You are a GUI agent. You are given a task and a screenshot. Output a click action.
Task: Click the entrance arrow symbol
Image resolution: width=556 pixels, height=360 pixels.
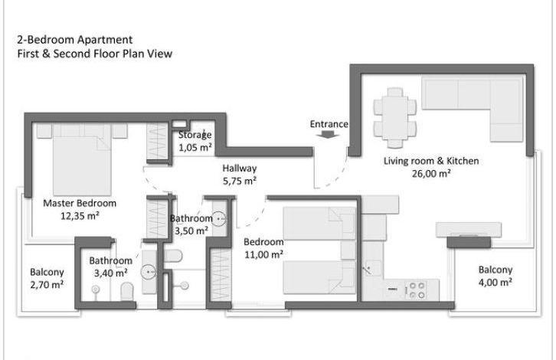[x=328, y=134]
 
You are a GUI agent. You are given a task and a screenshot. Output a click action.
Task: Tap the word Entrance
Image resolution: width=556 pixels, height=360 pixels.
[x=329, y=124]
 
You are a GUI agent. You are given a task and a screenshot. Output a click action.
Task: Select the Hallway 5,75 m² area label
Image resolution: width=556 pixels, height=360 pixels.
[x=240, y=175]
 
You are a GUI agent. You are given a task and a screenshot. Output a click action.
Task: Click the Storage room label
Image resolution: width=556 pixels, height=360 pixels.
[x=195, y=135]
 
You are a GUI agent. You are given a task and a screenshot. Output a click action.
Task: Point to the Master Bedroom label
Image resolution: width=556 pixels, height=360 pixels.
[x=80, y=203]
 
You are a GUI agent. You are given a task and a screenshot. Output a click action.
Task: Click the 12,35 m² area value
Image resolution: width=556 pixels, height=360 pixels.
[x=80, y=216]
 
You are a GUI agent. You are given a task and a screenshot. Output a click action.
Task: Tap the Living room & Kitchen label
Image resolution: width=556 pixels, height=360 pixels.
[x=431, y=161]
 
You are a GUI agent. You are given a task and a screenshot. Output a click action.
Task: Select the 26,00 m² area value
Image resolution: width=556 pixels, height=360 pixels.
[x=431, y=174]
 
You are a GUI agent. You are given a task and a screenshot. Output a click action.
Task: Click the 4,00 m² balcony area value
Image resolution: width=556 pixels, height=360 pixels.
[x=495, y=283]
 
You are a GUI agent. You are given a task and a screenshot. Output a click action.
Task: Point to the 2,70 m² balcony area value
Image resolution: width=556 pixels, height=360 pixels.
[x=47, y=284]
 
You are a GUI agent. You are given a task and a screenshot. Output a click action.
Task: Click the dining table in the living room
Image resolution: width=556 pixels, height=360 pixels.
[x=394, y=118]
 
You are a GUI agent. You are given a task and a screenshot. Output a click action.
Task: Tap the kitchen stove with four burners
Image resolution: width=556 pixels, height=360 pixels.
[x=417, y=290]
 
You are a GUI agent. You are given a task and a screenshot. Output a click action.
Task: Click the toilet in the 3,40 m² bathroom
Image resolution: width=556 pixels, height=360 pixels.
[x=126, y=292]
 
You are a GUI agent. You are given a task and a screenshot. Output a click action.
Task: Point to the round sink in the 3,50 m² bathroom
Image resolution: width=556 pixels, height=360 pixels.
[x=219, y=219]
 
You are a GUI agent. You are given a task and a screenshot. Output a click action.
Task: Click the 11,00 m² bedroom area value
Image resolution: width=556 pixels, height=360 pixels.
[x=263, y=254]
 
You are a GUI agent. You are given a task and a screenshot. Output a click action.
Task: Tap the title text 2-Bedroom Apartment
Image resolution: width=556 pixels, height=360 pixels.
[x=75, y=40]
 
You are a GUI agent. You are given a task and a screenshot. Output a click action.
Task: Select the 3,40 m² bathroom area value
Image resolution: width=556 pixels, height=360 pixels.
[x=110, y=273]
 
